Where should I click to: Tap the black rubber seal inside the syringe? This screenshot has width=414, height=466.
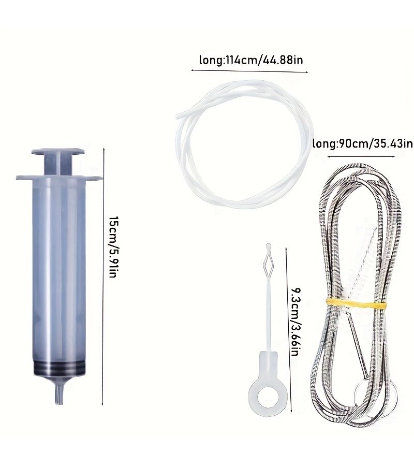[59, 369]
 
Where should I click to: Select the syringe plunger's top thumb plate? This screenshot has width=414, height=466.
[58, 152]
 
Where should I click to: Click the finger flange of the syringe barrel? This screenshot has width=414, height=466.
[59, 178]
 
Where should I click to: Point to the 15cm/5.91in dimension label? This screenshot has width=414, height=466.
[113, 247]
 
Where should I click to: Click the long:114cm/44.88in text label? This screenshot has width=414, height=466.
[251, 60]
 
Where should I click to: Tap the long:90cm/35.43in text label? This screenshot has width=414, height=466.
[363, 144]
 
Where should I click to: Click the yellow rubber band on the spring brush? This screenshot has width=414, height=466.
[356, 303]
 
